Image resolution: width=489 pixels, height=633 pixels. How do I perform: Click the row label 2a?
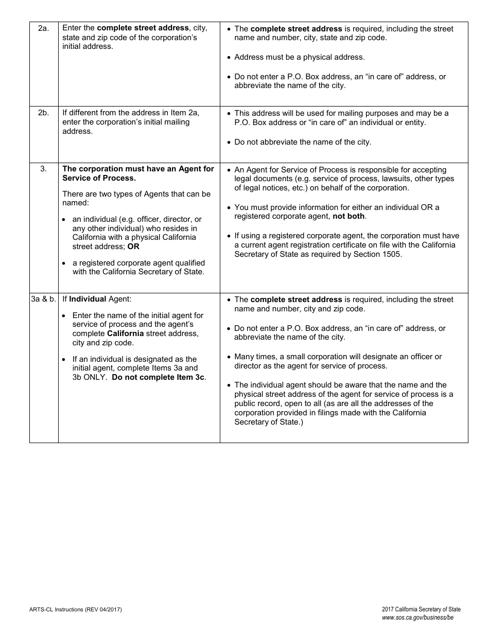click(44, 28)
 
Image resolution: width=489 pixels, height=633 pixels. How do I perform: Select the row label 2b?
click(44, 113)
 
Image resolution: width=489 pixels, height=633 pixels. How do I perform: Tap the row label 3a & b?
click(44, 299)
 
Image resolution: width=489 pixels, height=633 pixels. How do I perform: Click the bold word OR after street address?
click(133, 247)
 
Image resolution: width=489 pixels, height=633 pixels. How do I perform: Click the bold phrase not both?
click(348, 217)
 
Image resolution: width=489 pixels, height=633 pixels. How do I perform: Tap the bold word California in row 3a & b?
click(125, 333)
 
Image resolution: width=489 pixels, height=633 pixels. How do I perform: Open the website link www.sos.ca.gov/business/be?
click(417, 618)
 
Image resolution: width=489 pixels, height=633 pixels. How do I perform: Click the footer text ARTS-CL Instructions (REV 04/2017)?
click(76, 609)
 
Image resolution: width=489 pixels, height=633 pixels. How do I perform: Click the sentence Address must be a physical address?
click(299, 57)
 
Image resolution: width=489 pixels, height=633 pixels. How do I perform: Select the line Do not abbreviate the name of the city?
click(302, 142)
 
